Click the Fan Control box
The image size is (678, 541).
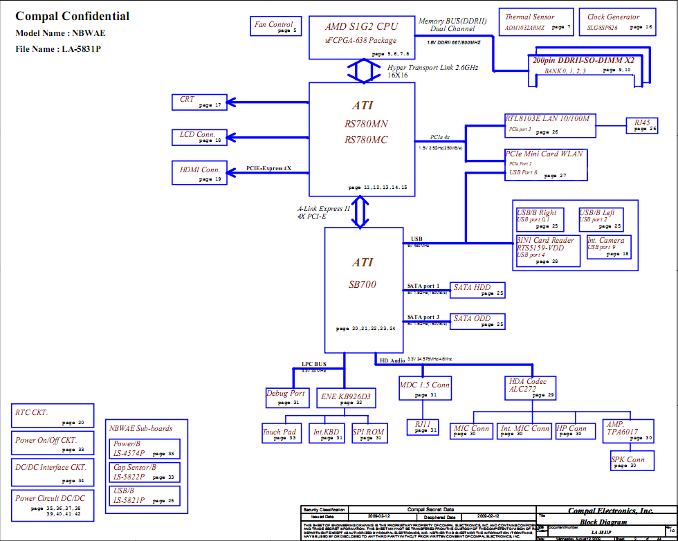click(x=275, y=26)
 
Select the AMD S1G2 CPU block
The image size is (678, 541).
click(x=362, y=37)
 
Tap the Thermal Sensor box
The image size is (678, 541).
click(x=536, y=22)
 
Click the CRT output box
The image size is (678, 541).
click(x=199, y=102)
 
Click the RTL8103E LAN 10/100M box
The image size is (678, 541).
click(x=547, y=124)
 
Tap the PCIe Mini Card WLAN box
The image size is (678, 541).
click(x=546, y=164)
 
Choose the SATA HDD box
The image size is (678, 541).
click(x=477, y=290)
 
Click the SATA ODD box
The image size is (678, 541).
click(x=477, y=321)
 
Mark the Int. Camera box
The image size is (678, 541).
click(x=609, y=247)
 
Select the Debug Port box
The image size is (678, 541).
click(x=286, y=397)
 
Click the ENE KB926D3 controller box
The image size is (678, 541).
click(x=346, y=398)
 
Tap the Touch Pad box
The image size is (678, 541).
click(x=280, y=434)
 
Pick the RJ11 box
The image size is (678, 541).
click(x=423, y=427)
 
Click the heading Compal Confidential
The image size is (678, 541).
click(x=72, y=17)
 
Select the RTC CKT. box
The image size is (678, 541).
click(x=53, y=416)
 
